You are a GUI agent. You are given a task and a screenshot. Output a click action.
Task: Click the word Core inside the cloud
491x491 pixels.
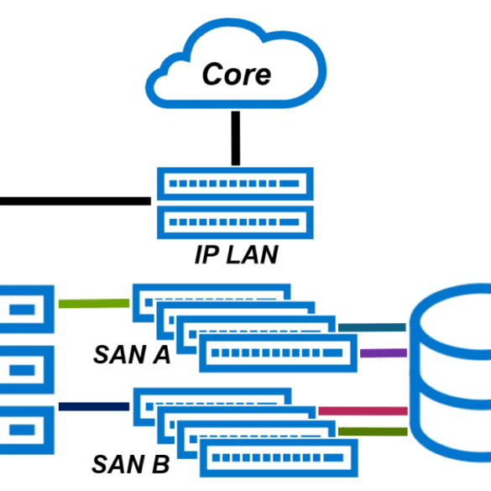click(237, 74)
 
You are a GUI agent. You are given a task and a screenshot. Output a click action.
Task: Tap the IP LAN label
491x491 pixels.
click(237, 254)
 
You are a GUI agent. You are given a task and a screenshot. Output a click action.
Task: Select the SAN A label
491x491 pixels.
click(132, 354)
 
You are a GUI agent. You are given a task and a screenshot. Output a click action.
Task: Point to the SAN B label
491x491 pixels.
click(131, 464)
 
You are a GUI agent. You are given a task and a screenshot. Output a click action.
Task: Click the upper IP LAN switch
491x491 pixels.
click(235, 184)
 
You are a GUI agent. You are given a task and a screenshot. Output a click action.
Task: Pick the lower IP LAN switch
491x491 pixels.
click(235, 222)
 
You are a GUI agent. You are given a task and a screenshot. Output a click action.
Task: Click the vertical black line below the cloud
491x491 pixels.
click(236, 138)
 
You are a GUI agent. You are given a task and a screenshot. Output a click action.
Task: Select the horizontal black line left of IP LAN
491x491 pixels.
click(76, 201)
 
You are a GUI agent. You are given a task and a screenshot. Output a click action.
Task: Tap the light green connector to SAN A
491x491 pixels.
click(94, 304)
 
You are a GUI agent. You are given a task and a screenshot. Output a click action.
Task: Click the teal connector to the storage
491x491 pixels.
click(372, 327)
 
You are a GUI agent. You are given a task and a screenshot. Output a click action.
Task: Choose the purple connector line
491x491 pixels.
click(384, 353)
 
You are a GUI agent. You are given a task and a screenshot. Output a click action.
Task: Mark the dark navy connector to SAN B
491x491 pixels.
click(94, 406)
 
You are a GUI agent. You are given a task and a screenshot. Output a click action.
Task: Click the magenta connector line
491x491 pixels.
click(363, 410)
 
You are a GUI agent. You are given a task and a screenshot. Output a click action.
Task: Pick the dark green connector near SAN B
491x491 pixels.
click(373, 431)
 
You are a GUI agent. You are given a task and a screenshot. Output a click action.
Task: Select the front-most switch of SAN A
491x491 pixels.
click(278, 353)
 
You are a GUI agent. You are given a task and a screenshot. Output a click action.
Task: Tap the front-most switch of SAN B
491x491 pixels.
click(279, 457)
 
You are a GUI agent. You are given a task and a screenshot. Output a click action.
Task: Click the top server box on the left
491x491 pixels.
click(27, 309)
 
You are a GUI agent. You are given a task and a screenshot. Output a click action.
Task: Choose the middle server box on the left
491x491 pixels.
click(27, 370)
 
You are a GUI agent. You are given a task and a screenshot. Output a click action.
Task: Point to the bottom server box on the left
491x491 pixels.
click(27, 431)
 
